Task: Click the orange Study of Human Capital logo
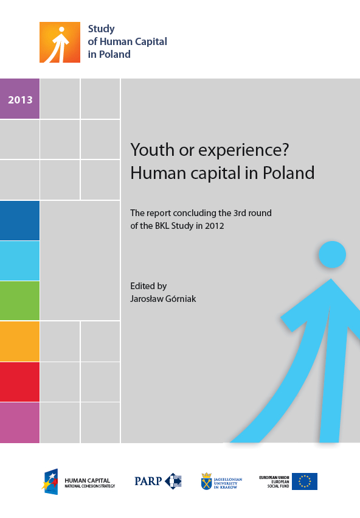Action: (60, 43)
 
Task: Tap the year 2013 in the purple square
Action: (20, 100)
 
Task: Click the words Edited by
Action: (148, 285)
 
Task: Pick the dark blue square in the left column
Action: (19, 220)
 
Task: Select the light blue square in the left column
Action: (19, 261)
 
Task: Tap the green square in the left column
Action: (19, 301)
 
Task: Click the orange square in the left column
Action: (19, 341)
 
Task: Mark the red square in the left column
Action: (19, 382)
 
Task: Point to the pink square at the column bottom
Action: (19, 422)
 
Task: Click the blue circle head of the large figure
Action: (332, 254)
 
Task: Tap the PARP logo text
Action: (148, 481)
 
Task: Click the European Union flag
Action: (305, 481)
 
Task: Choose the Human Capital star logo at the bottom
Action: (50, 481)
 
